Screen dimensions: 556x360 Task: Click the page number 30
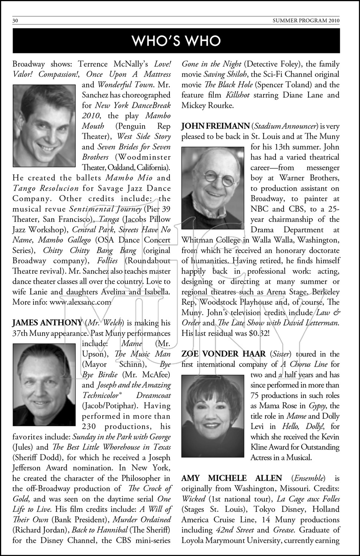click(x=15, y=21)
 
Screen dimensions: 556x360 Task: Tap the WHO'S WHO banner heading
click(x=176, y=41)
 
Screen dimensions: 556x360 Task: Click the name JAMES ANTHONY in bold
click(x=47, y=323)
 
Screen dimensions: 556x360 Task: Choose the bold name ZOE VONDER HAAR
click(x=224, y=354)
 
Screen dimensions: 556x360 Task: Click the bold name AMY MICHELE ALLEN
click(x=231, y=478)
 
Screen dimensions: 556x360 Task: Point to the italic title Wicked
click(x=194, y=499)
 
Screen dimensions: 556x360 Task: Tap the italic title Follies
click(x=107, y=261)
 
